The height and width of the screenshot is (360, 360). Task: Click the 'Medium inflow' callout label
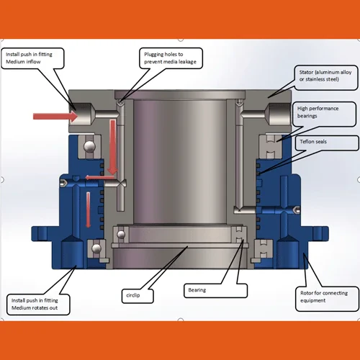coord(32,58)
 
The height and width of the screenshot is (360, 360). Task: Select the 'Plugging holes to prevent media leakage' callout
coord(171,58)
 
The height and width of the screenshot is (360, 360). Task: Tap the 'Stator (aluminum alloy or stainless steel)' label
coord(326,77)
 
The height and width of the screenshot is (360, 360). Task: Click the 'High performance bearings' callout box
coord(324,114)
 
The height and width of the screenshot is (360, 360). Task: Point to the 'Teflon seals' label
coord(327,143)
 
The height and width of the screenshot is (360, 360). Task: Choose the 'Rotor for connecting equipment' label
coord(328,299)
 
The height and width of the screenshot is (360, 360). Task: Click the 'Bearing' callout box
coord(215,291)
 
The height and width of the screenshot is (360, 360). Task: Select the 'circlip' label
coord(138,296)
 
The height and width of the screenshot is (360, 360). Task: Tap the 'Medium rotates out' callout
coord(38,305)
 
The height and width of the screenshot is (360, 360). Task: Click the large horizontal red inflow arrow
coord(55,117)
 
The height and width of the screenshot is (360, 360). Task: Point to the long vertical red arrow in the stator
coord(112,147)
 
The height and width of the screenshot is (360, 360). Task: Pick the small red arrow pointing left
coord(100,178)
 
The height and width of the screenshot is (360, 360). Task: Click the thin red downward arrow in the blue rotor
coord(89,210)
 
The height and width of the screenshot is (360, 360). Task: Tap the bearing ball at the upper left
coord(89,146)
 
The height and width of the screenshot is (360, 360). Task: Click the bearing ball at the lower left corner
coord(96,248)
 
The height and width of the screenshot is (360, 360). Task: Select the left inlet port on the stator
coord(81,114)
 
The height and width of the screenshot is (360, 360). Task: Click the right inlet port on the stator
coord(279,114)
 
